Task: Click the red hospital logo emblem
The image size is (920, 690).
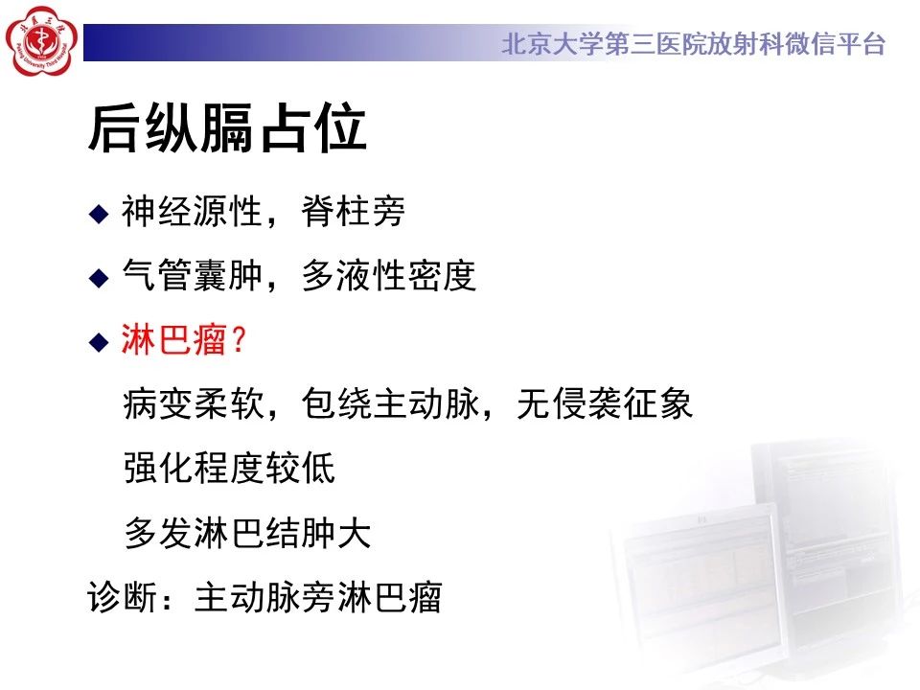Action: [x=41, y=40]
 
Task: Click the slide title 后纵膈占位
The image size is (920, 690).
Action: [x=227, y=128]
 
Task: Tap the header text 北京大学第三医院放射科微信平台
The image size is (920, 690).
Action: [x=694, y=44]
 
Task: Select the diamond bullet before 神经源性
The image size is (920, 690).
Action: [x=99, y=213]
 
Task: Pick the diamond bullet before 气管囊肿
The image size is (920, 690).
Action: [x=99, y=277]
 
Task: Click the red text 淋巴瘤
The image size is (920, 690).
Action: [x=173, y=339]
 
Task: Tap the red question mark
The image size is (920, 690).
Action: [x=239, y=339]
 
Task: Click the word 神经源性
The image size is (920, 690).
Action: [x=192, y=211]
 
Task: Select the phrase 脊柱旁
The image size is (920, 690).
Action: [x=354, y=211]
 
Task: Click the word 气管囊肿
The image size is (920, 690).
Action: [x=192, y=275]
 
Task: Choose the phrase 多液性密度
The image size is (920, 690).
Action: [x=388, y=275]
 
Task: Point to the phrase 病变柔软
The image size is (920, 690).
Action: [x=194, y=403]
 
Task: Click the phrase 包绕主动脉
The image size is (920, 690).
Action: [x=390, y=403]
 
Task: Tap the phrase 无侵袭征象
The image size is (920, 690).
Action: [x=605, y=403]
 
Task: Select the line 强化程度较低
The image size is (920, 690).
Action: [x=229, y=469]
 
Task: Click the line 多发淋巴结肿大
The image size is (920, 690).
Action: [x=247, y=532]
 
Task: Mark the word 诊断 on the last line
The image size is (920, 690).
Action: [x=122, y=597]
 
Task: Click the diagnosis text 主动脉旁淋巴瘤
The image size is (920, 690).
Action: [x=318, y=597]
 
